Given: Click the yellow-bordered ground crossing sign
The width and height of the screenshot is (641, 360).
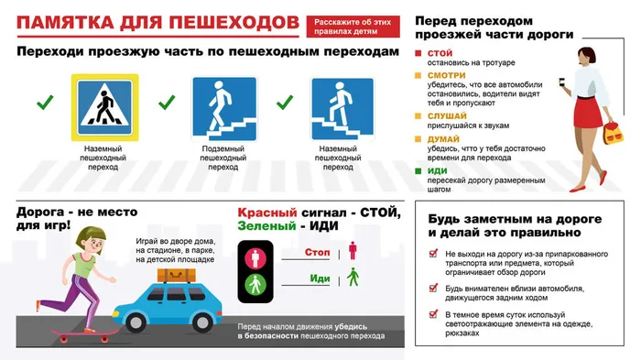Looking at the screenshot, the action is tap(105, 107).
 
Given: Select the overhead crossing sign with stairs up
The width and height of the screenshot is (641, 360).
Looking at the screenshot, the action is tap(342, 107).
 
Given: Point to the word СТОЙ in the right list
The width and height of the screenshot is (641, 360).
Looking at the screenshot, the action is tap(440, 52).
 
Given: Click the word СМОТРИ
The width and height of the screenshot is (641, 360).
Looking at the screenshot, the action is tap(447, 73).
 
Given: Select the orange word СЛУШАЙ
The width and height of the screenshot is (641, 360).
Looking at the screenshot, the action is tap(447, 115).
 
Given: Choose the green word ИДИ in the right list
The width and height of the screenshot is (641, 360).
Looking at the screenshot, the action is tap(436, 169).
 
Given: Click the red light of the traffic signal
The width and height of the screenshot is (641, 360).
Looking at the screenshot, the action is tap(255, 252).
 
